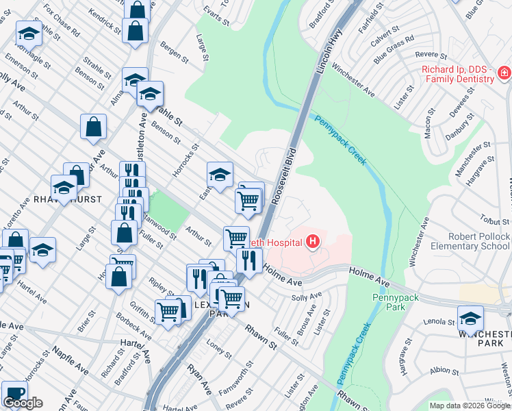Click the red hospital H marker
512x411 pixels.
pyautogui.click(x=313, y=242)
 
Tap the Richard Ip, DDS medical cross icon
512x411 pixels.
pyautogui.click(x=504, y=73)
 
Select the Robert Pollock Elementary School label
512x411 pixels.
pyautogui.click(x=470, y=240)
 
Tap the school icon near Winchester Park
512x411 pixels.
pyautogui.click(x=470, y=318)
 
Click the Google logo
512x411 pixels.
pyautogui.click(x=23, y=403)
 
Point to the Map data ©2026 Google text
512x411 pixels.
pyautogui.click(x=470, y=406)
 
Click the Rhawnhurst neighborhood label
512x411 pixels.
pyautogui.click(x=68, y=199)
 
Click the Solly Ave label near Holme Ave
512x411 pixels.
pyautogui.click(x=306, y=297)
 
